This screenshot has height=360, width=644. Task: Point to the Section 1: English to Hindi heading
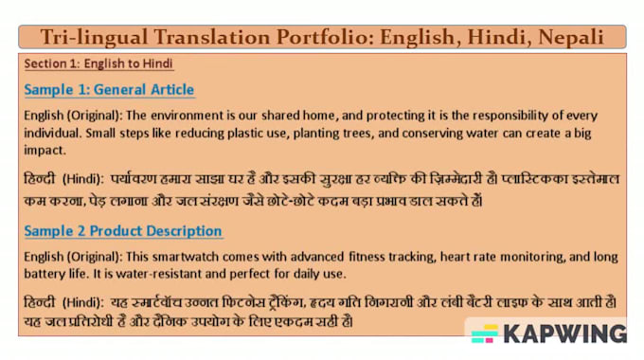[98, 64]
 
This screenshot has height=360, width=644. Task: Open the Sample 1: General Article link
[109, 90]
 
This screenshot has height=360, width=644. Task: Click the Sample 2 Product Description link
[123, 231]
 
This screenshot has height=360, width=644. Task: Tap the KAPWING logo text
[565, 333]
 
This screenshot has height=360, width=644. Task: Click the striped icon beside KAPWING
[485, 333]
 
